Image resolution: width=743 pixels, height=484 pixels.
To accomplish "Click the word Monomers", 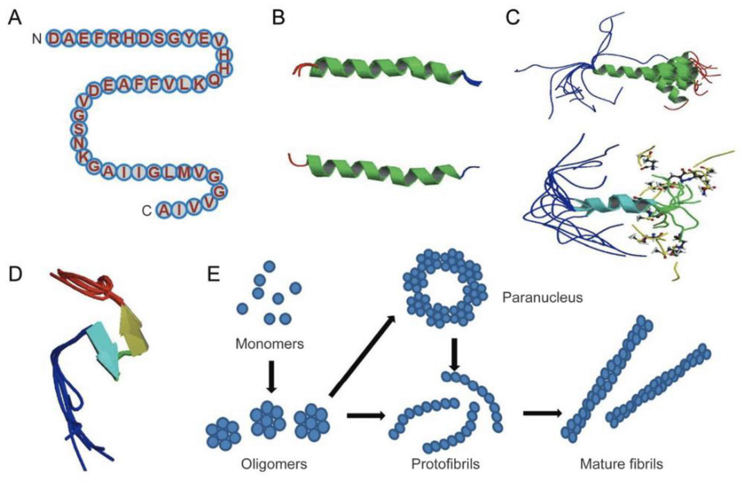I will pyautogui.click(x=269, y=344).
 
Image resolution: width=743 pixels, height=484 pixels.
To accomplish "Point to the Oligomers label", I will pyautogui.click(x=274, y=464).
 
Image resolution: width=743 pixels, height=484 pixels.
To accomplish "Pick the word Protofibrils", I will pyautogui.click(x=445, y=464).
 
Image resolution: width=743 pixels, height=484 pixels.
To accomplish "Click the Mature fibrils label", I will pyautogui.click(x=621, y=464).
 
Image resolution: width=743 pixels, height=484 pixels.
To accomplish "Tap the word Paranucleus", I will pyautogui.click(x=542, y=298).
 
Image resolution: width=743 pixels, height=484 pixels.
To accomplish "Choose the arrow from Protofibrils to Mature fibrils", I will pyautogui.click(x=542, y=413).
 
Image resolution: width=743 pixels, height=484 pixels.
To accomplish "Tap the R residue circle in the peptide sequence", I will pyautogui.click(x=114, y=39).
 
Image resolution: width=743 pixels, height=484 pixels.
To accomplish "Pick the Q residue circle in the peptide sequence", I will pyautogui.click(x=214, y=80).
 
